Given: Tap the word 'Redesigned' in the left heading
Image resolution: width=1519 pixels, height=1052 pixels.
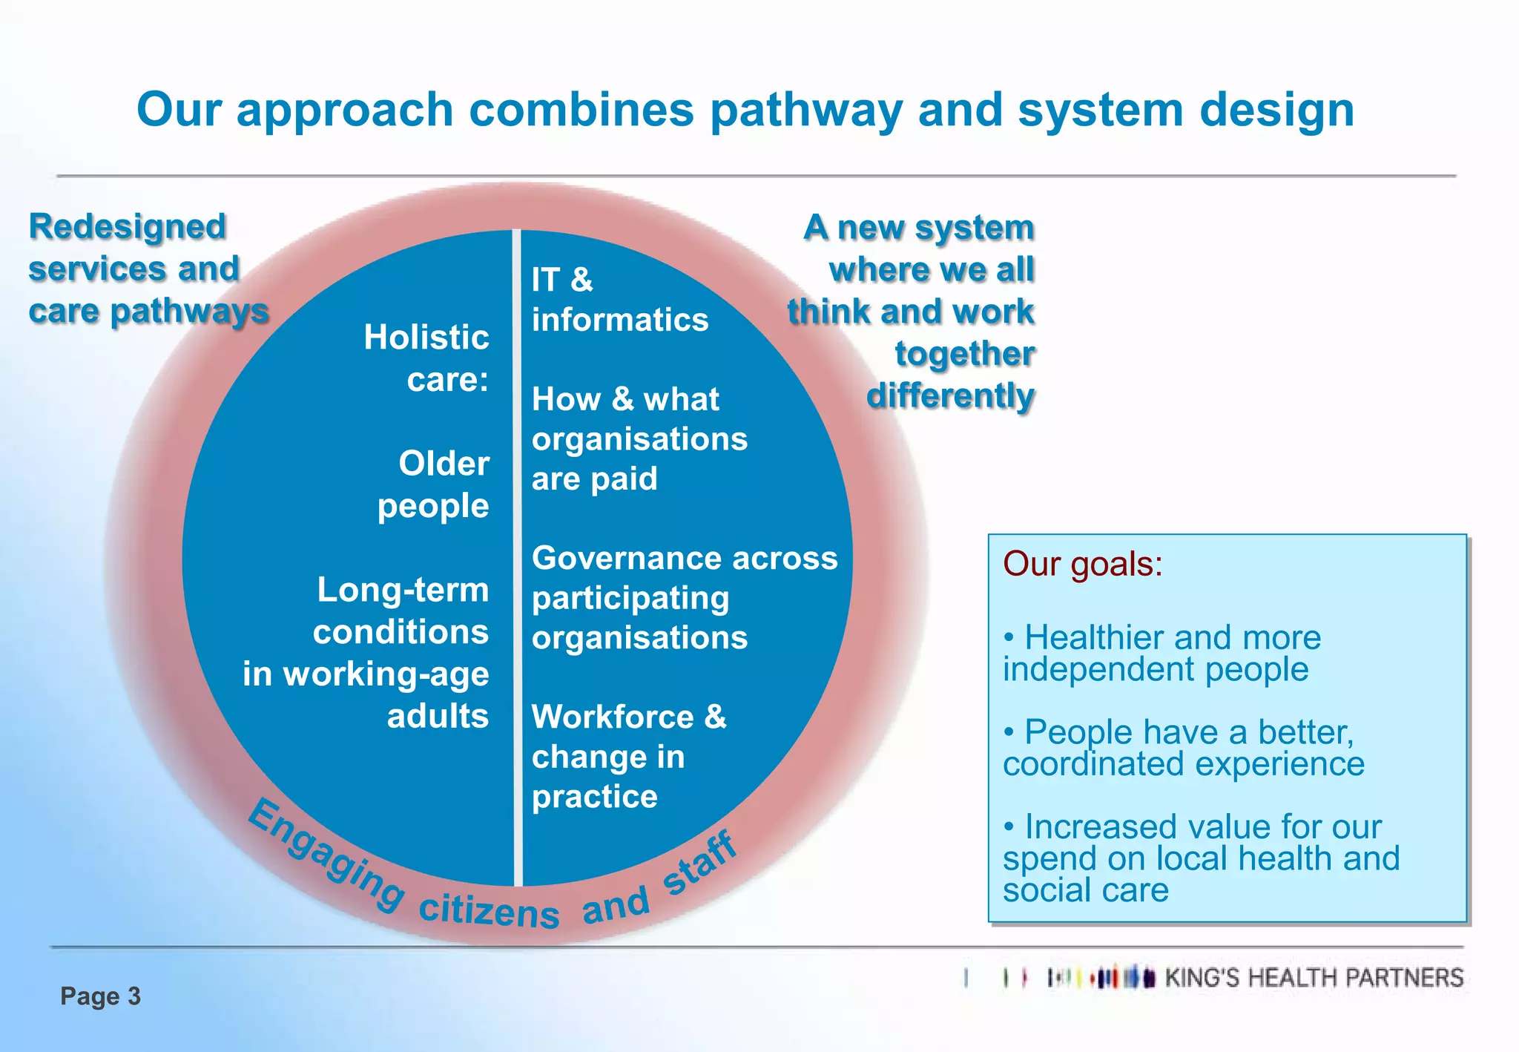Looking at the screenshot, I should [x=127, y=226].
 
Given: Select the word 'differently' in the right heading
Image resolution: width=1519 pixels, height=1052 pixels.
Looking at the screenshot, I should [x=950, y=395].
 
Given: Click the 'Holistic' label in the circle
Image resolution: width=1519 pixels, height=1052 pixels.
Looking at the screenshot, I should [x=426, y=338].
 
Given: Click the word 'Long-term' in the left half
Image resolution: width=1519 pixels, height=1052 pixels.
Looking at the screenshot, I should [x=403, y=591].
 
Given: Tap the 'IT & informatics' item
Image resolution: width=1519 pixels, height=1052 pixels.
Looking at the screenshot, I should [x=619, y=300].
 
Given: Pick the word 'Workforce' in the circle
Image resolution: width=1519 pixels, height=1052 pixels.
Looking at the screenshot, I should [x=613, y=717].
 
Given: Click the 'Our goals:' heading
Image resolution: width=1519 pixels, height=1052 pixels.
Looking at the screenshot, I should [x=1082, y=564].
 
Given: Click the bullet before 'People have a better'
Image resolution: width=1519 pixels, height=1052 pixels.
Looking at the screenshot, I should [x=1009, y=732].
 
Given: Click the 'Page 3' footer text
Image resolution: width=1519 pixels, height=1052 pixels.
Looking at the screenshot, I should [x=100, y=996].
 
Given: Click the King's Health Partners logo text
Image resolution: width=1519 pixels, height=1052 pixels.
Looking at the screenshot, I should [x=1314, y=978].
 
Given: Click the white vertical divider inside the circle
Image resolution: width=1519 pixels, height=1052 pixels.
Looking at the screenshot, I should [x=517, y=556].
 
